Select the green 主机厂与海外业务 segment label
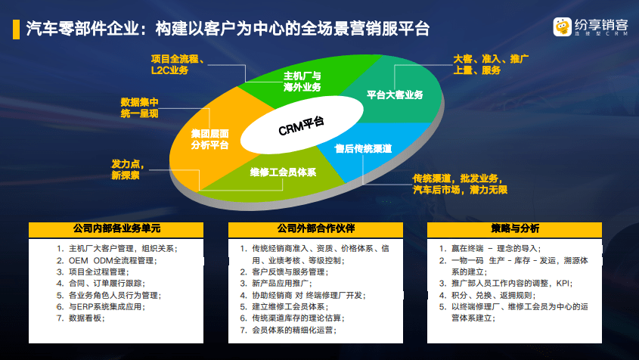coord(302,82)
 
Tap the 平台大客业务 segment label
coord(394,95)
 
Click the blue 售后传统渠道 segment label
coord(363,148)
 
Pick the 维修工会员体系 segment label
coord(283,172)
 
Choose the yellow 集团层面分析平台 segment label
coord(210,139)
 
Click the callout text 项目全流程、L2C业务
coord(181,64)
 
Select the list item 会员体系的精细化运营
coord(294,331)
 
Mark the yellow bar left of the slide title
coord(15,29)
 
